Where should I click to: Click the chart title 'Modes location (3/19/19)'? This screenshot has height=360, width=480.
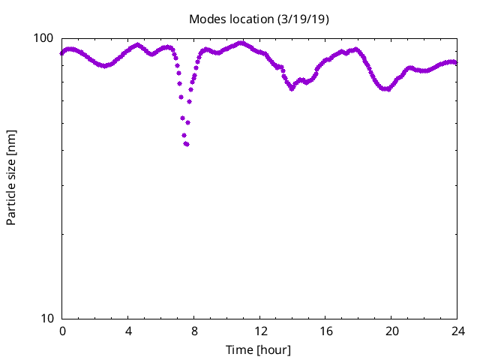point(259,18)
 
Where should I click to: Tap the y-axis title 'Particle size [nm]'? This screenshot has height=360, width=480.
point(11,178)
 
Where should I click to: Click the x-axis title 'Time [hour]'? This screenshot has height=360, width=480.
point(259,349)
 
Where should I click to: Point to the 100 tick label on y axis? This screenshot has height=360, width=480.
point(46,38)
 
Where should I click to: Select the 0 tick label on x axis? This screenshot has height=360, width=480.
point(62,331)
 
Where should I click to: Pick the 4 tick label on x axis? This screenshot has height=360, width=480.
point(128,331)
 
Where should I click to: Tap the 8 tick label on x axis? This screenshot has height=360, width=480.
point(194,331)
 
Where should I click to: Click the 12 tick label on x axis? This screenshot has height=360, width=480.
point(259,331)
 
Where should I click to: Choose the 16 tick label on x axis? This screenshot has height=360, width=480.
point(325,331)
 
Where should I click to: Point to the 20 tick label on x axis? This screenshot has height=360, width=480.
point(391,331)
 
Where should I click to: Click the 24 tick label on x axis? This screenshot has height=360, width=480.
point(457,331)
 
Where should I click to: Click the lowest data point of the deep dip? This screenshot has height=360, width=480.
point(186,144)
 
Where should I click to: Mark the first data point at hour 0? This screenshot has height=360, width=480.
point(62,53)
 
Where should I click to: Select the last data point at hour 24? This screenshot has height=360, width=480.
point(456,62)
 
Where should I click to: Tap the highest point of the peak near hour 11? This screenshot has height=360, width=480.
point(241,43)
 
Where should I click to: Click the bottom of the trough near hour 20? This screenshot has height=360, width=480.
point(386,88)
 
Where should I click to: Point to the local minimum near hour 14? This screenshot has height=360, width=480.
point(292,88)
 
